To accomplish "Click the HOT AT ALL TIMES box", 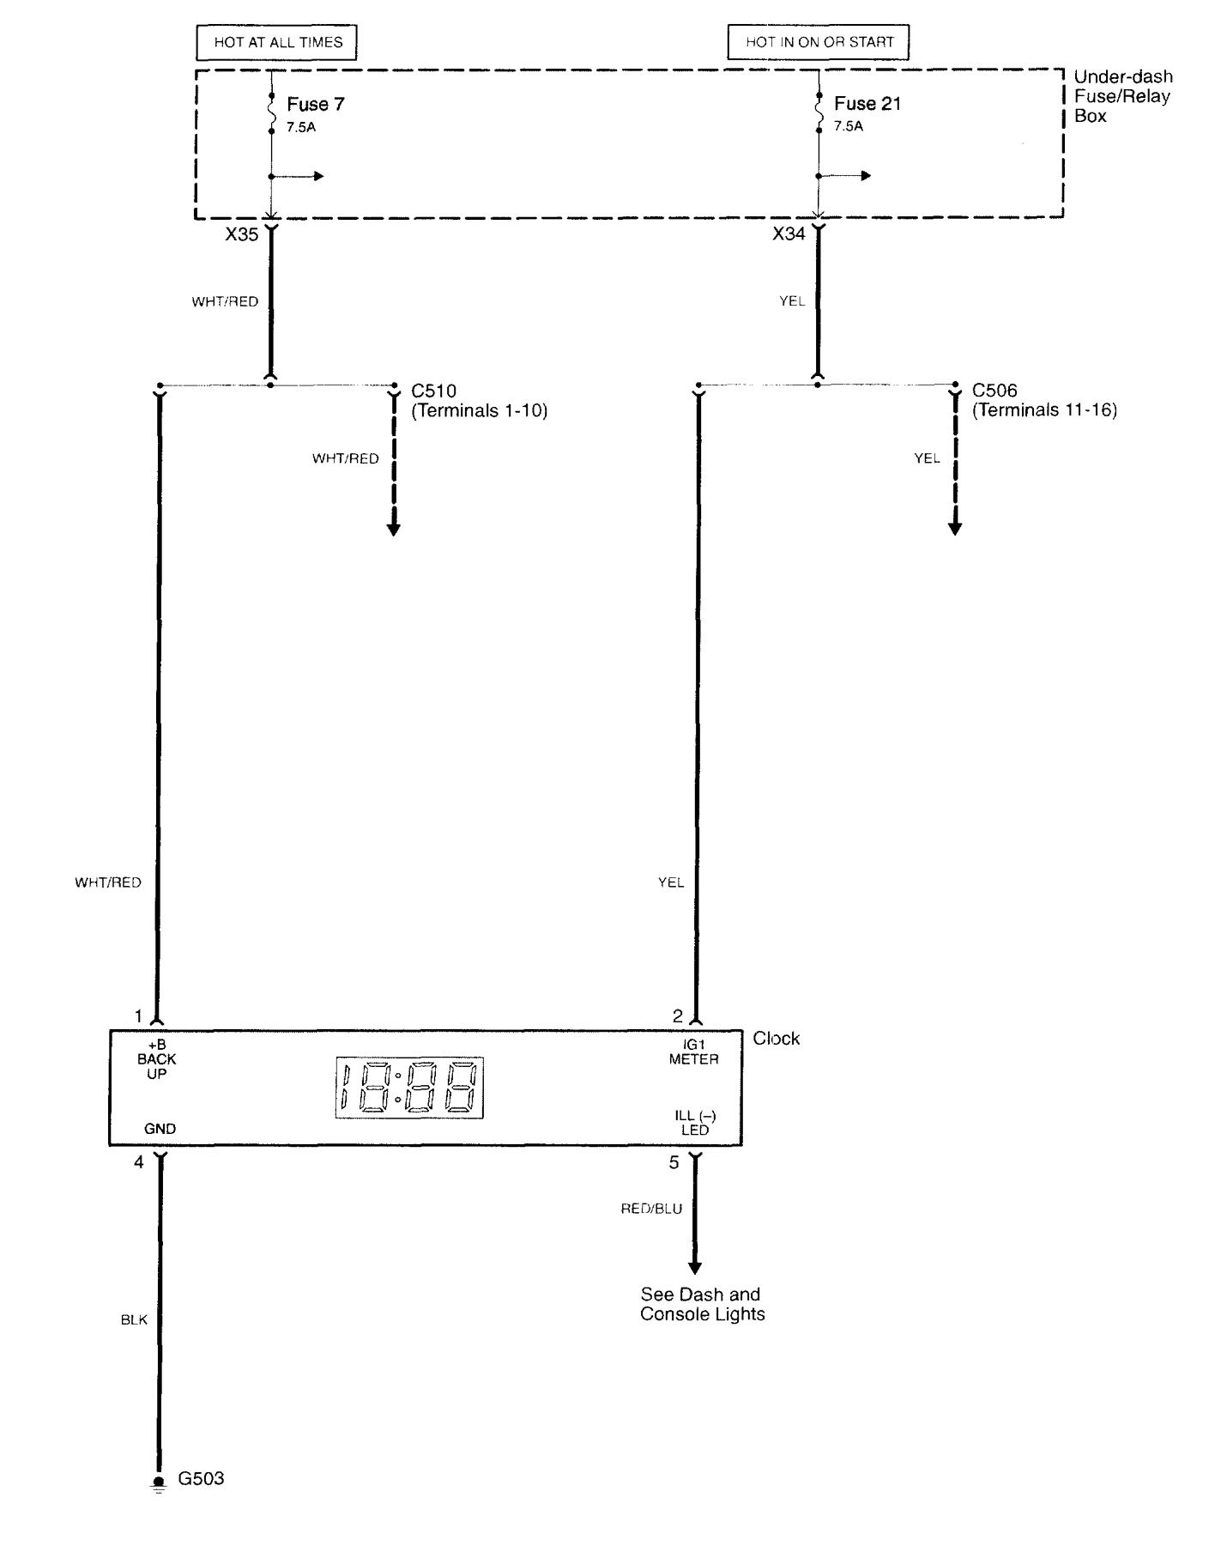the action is [277, 42].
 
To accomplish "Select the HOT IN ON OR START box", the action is [819, 42].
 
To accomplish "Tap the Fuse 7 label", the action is [315, 104].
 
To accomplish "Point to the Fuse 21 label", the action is [867, 104].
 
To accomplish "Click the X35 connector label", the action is [241, 233].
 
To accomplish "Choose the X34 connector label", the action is [789, 233].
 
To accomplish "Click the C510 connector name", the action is [434, 391].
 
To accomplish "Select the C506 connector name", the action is [994, 391].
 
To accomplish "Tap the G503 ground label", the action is [201, 1478].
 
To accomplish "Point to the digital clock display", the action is [408, 1088].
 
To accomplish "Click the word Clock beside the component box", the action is [777, 1039].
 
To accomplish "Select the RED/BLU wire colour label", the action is [651, 1209].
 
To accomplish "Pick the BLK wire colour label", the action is [134, 1319].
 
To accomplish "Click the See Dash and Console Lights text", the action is [702, 1304].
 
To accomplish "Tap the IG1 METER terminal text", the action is [693, 1052].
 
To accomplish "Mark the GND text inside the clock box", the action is [160, 1129].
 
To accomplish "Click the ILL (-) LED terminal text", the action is [695, 1123].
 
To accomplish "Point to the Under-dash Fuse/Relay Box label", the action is [1123, 96].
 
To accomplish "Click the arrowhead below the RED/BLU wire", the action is [695, 1268].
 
